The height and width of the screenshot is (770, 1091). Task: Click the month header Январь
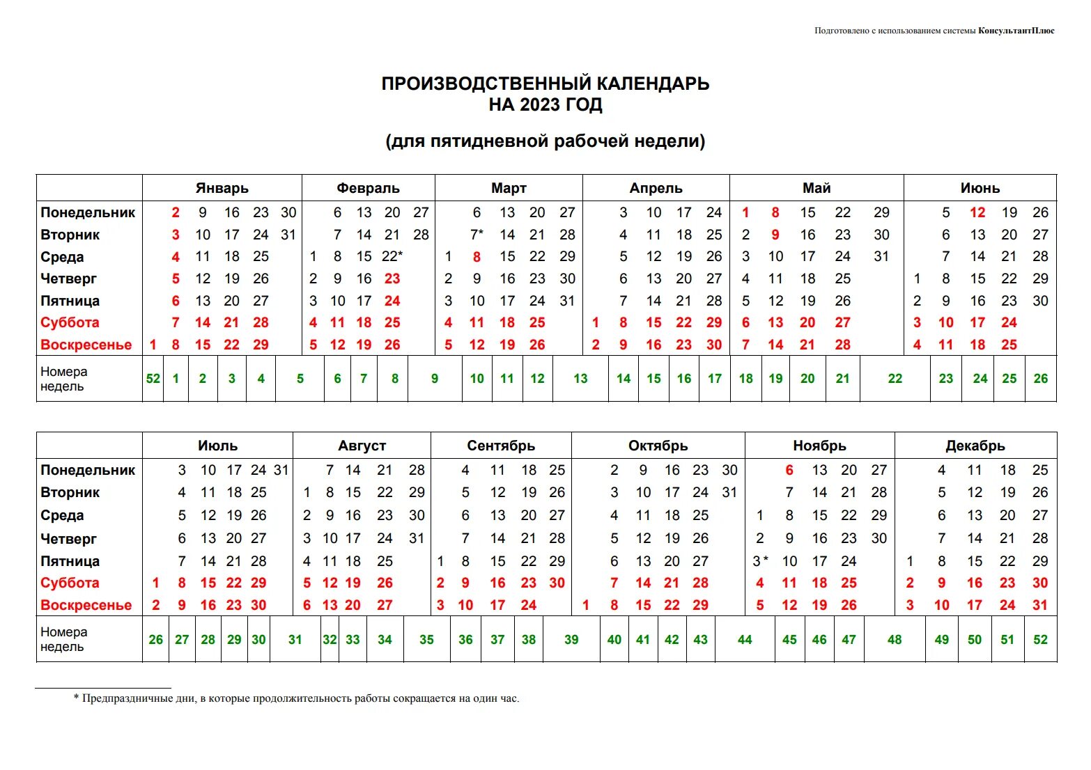click(x=222, y=188)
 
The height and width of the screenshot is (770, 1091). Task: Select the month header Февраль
click(x=368, y=188)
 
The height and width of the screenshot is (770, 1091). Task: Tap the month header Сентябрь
click(x=501, y=446)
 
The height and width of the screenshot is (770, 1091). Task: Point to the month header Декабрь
click(x=975, y=446)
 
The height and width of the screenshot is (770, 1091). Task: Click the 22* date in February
click(x=392, y=256)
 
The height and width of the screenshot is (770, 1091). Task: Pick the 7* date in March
click(x=477, y=235)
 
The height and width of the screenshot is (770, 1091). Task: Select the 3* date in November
click(x=760, y=561)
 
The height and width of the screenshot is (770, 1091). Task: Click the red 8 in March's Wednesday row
click(x=477, y=257)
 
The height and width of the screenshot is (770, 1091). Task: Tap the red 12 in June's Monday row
click(x=977, y=213)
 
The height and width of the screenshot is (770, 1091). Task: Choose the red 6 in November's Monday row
click(x=789, y=471)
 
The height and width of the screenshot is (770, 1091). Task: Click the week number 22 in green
click(x=895, y=379)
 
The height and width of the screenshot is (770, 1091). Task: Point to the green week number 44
click(x=745, y=640)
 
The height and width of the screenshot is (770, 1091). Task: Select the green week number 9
click(x=435, y=379)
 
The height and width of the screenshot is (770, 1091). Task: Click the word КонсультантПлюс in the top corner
click(x=1016, y=31)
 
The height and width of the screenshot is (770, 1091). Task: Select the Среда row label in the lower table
click(x=62, y=515)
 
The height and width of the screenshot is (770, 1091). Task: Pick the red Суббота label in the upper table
click(x=70, y=323)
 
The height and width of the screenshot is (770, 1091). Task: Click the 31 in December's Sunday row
click(x=1040, y=605)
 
